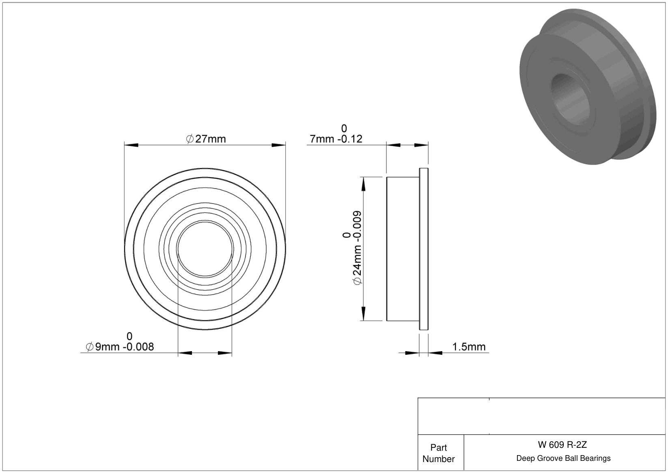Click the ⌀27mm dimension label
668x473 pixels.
206,139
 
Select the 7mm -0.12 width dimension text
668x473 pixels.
336,139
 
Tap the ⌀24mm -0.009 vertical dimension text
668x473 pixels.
357,248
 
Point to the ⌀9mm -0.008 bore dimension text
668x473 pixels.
120,347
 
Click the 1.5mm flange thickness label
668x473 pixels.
469,347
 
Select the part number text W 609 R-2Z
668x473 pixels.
562,445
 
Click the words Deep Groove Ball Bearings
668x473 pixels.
563,458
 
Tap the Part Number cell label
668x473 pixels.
438,453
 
